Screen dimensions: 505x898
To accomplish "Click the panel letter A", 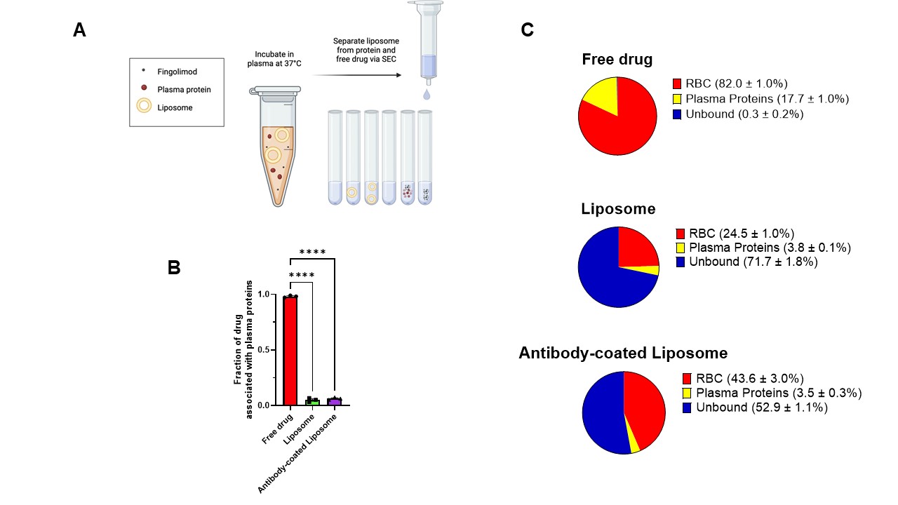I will click(79, 30).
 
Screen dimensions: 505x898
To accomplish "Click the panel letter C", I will click(528, 30).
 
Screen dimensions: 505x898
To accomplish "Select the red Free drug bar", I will click(290, 351).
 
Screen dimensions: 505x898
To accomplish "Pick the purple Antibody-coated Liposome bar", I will click(334, 401).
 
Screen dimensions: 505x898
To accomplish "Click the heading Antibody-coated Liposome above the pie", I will click(623, 353).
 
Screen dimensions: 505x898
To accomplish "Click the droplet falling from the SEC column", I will click(428, 94).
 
